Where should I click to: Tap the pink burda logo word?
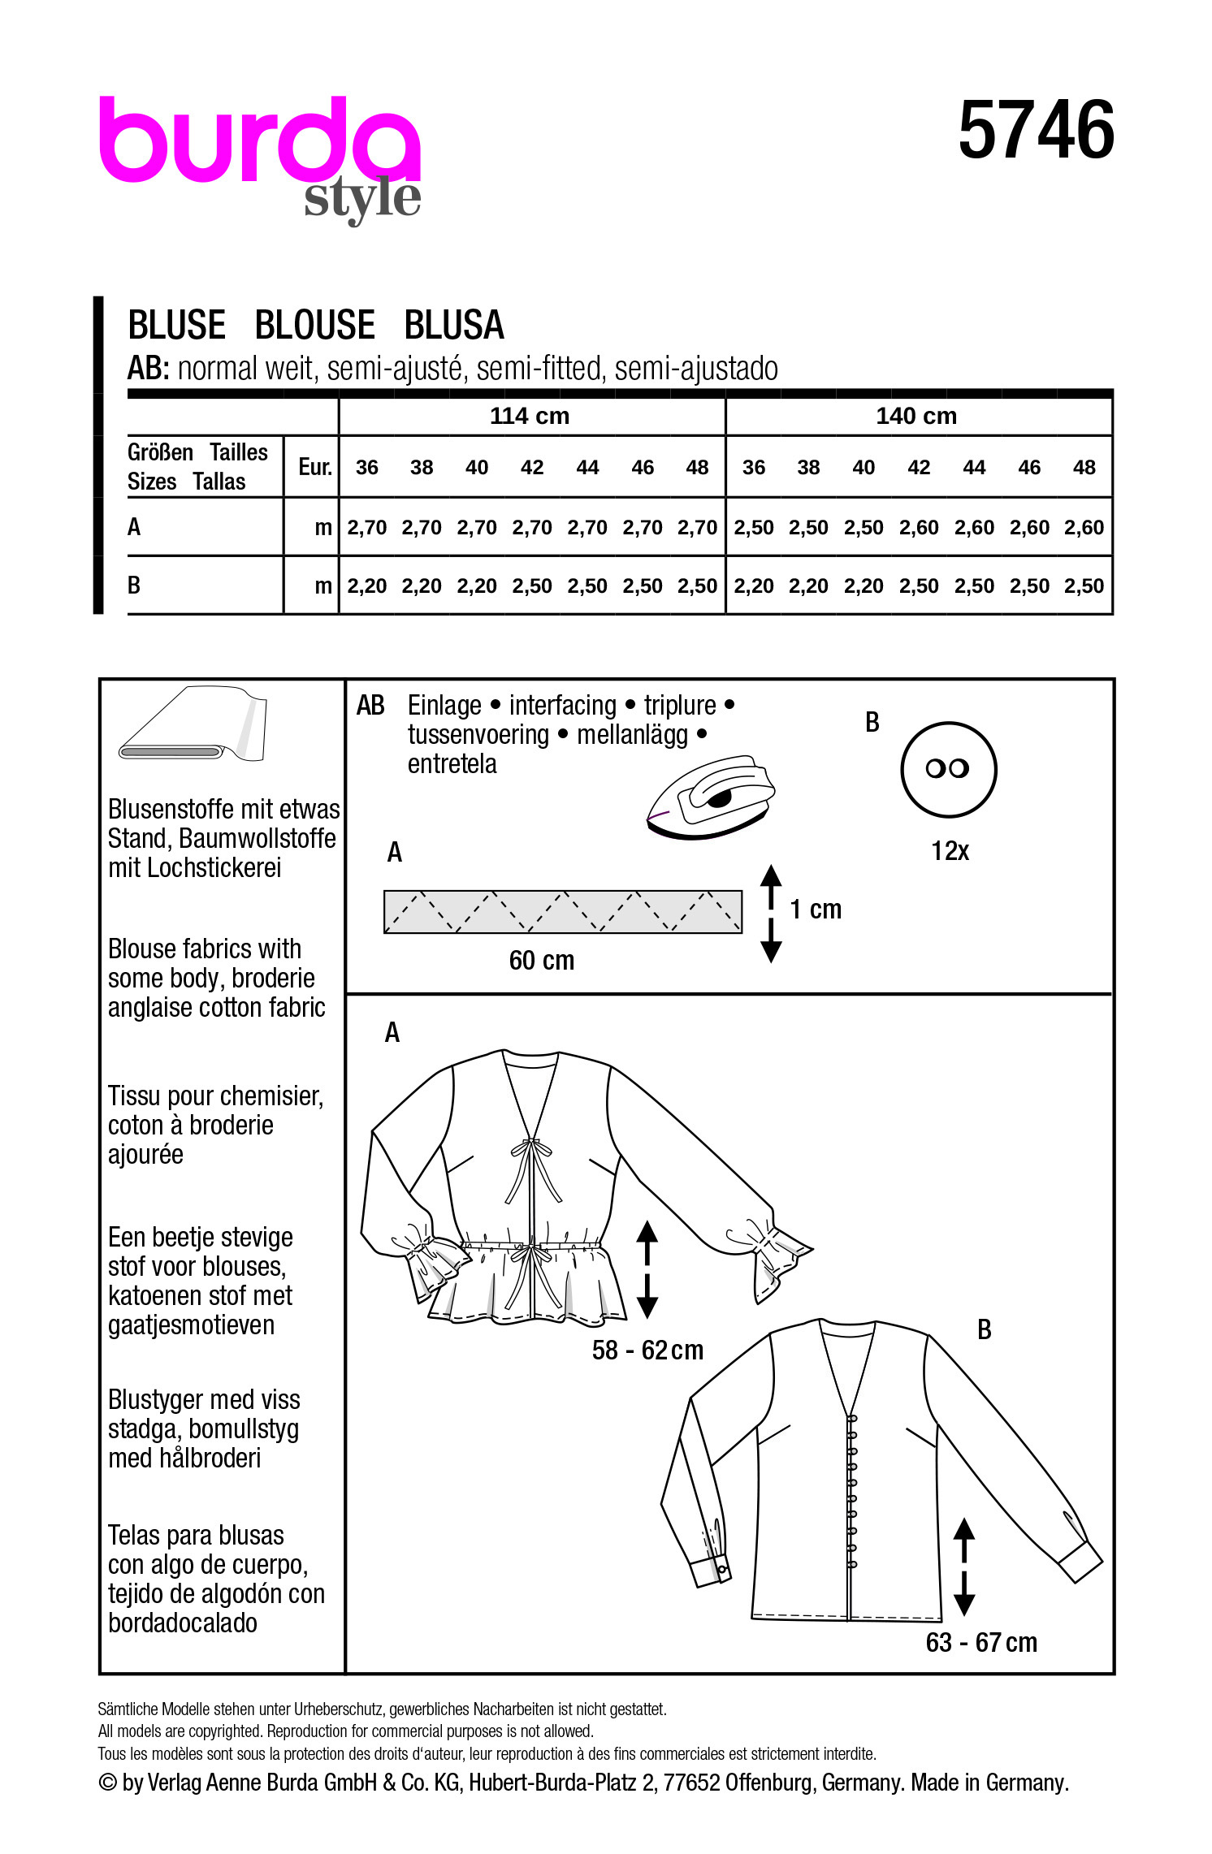[x=258, y=140]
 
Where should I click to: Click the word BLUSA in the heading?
[x=454, y=326]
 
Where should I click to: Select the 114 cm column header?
[x=530, y=416]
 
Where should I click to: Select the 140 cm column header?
[x=916, y=416]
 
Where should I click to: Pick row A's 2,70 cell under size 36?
[x=367, y=528]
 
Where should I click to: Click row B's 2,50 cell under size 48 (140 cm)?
[x=1084, y=586]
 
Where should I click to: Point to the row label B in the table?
[x=135, y=586]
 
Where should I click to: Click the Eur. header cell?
[x=314, y=467]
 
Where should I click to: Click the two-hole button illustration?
[x=948, y=769]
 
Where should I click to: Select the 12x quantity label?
[x=950, y=851]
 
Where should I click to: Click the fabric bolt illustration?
[x=193, y=724]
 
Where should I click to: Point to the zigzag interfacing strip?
[x=562, y=911]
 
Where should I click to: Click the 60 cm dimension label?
[x=541, y=961]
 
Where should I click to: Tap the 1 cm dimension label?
[x=816, y=910]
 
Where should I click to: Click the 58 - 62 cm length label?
[x=647, y=1350]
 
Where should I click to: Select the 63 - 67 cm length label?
[x=981, y=1642]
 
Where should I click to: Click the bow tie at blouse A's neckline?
[x=531, y=1148]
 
